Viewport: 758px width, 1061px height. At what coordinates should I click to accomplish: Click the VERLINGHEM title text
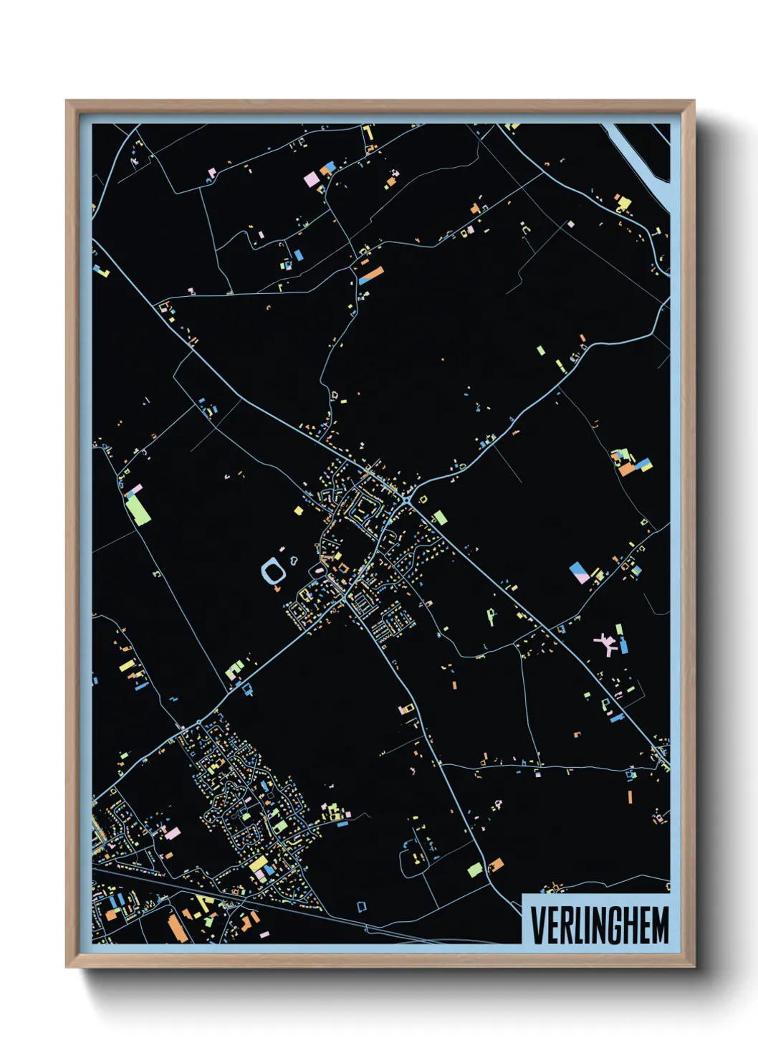[600, 925]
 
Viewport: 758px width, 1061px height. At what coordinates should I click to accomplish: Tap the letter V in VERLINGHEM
[537, 925]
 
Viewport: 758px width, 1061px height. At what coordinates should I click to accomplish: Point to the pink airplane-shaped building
[608, 642]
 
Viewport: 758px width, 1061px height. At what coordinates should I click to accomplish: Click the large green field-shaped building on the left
[138, 509]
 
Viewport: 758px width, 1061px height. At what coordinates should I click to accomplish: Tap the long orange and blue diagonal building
[371, 275]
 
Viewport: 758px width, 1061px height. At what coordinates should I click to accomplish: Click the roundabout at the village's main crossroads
[408, 498]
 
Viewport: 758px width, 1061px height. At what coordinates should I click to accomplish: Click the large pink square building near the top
[312, 179]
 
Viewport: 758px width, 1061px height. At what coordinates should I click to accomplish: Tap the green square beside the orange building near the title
[474, 870]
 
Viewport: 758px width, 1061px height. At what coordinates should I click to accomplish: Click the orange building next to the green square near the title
[495, 865]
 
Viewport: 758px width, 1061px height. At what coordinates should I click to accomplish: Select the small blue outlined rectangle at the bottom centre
[362, 907]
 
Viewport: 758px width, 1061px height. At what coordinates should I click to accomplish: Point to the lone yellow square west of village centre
[298, 510]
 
